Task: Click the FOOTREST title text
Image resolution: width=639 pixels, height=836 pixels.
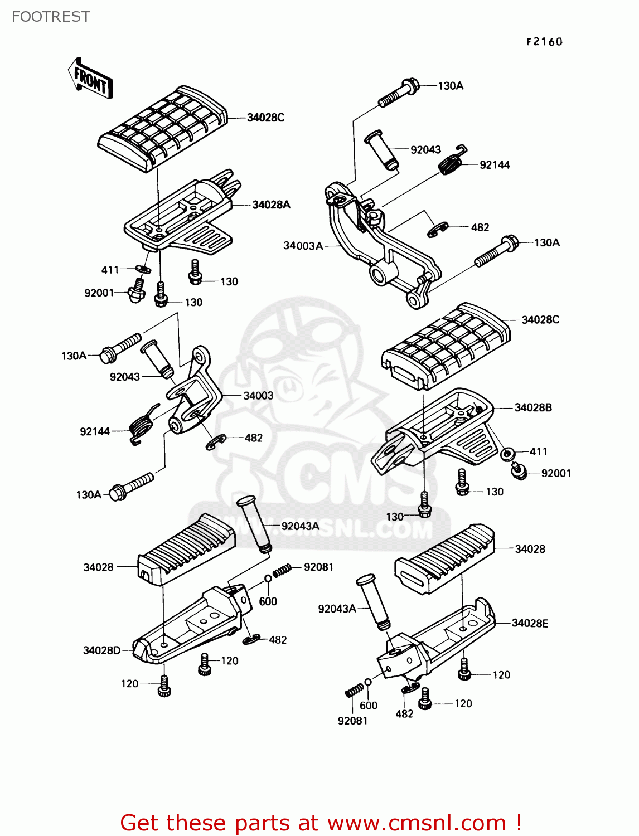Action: click(x=51, y=17)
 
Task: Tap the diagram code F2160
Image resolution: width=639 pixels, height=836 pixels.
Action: click(x=544, y=42)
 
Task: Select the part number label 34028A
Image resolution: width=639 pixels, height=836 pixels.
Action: click(x=271, y=205)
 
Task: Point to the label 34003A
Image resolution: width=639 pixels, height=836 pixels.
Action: click(x=303, y=246)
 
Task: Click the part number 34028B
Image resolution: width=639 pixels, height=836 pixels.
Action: click(x=533, y=407)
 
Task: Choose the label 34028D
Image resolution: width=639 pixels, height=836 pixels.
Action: click(x=101, y=650)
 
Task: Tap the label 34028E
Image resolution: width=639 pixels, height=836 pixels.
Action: click(x=530, y=623)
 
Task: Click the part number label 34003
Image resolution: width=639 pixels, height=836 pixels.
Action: click(x=258, y=396)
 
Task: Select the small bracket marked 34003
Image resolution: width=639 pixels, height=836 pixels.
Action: click(x=192, y=396)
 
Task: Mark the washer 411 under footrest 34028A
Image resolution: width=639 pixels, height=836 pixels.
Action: click(x=143, y=270)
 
